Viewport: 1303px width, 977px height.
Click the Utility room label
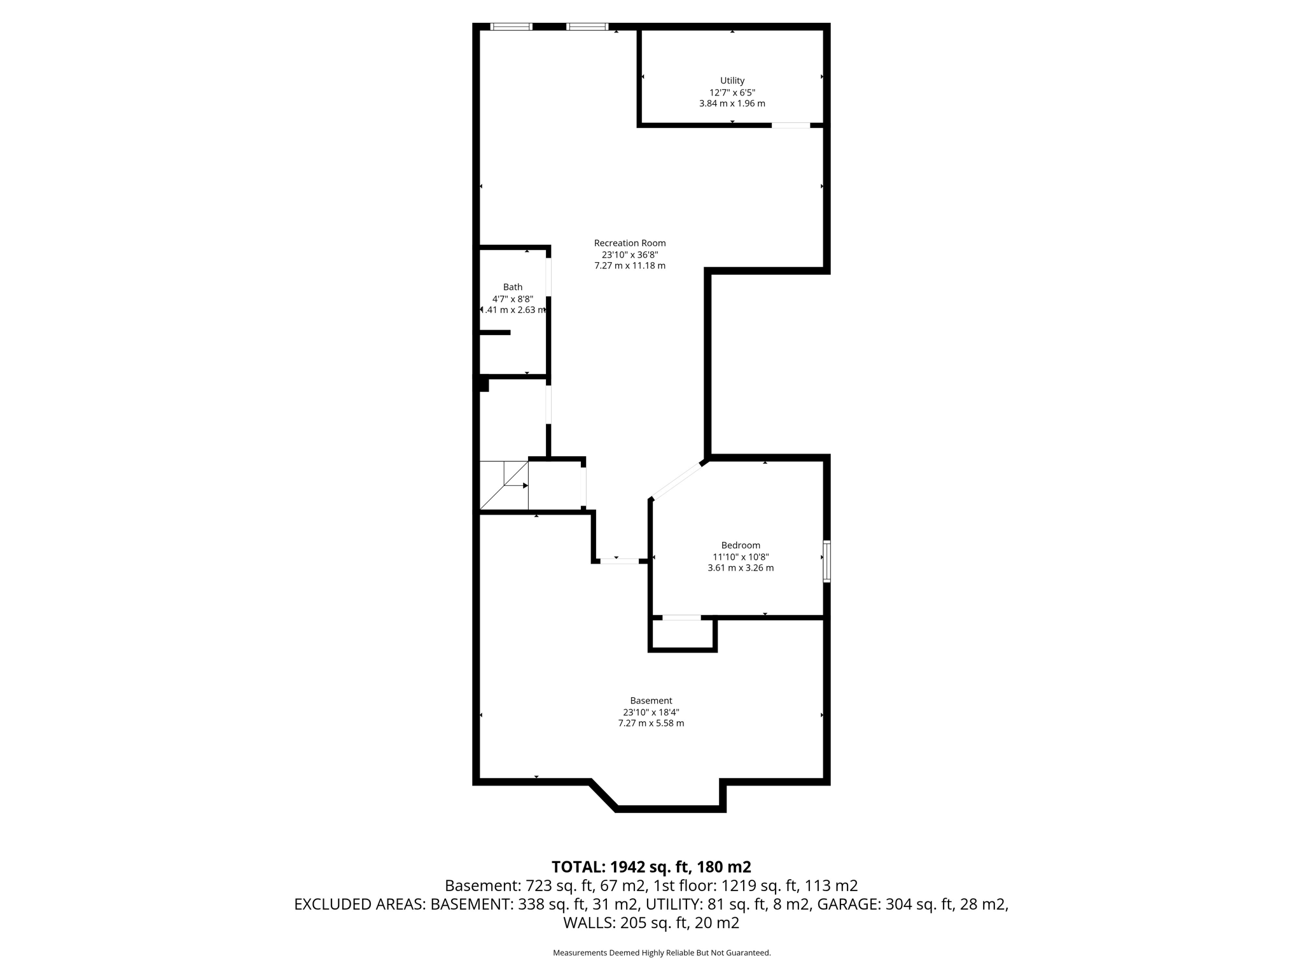(732, 81)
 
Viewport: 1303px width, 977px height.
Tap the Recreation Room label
(630, 243)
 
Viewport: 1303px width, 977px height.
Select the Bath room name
(512, 288)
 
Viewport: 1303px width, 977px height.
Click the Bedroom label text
(741, 545)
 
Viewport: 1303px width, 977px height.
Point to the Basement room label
(651, 701)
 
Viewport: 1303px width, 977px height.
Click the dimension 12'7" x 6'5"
(732, 92)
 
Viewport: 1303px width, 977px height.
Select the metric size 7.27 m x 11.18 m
(630, 266)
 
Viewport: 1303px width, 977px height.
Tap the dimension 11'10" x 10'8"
(741, 557)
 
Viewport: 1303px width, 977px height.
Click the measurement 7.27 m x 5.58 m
(651, 723)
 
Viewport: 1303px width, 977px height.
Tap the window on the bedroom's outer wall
(826, 561)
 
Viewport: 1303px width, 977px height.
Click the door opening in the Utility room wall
(791, 125)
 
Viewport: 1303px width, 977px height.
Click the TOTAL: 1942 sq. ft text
(651, 867)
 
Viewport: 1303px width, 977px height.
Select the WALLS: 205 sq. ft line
(651, 922)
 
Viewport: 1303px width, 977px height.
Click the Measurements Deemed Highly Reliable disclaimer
(662, 953)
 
